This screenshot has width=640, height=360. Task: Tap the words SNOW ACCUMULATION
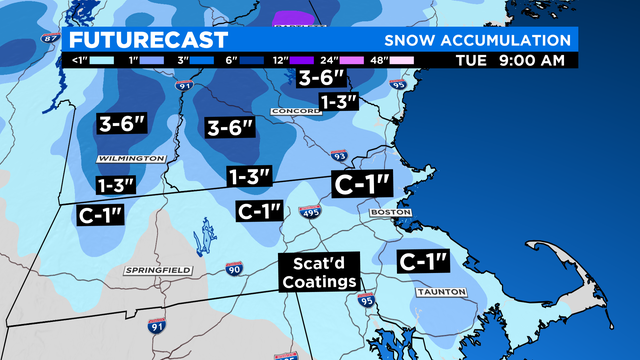coord(476,41)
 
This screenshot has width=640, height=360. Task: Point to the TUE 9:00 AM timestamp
coord(516,61)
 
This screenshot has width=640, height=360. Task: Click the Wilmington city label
coord(130,159)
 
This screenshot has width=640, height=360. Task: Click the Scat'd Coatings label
coord(319,273)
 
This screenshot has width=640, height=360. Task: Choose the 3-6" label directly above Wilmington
coord(123,125)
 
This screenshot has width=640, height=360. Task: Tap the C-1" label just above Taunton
coord(422,262)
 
